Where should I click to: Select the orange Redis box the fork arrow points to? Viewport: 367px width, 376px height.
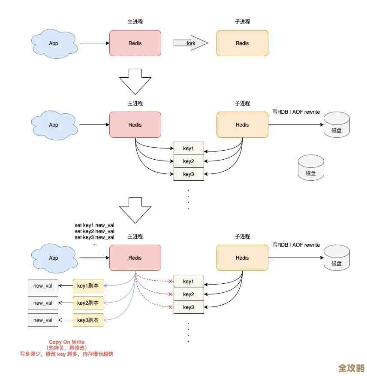pyautogui.click(x=242, y=43)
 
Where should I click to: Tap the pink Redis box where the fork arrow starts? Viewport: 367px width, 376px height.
pyautogui.click(x=135, y=43)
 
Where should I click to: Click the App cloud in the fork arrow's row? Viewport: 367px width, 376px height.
pyautogui.click(x=54, y=43)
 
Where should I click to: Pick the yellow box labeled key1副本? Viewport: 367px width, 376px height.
pyautogui.click(x=88, y=285)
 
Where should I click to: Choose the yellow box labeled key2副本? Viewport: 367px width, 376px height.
pyautogui.click(x=88, y=303)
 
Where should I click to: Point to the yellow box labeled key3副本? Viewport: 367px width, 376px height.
pyautogui.click(x=88, y=320)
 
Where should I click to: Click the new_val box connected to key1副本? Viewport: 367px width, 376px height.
pyautogui.click(x=43, y=285)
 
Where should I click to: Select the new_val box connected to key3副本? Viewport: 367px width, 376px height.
pyautogui.click(x=43, y=320)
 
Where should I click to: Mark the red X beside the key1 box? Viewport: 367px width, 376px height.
pyautogui.click(x=170, y=282)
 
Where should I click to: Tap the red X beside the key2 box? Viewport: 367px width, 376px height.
pyautogui.click(x=170, y=294)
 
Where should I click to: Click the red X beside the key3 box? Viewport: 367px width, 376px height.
pyautogui.click(x=170, y=307)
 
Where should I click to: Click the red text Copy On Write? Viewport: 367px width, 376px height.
pyautogui.click(x=66, y=343)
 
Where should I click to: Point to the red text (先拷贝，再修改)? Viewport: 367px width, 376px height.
pyautogui.click(x=66, y=348)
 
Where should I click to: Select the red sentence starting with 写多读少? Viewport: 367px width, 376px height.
pyautogui.click(x=66, y=354)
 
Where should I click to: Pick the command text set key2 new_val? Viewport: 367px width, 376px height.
pyautogui.click(x=94, y=231)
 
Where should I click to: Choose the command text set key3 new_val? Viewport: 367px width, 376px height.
pyautogui.click(x=94, y=237)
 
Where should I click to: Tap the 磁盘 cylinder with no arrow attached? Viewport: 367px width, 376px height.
pyautogui.click(x=311, y=168)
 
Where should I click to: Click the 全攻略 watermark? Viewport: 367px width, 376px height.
pyautogui.click(x=351, y=368)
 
